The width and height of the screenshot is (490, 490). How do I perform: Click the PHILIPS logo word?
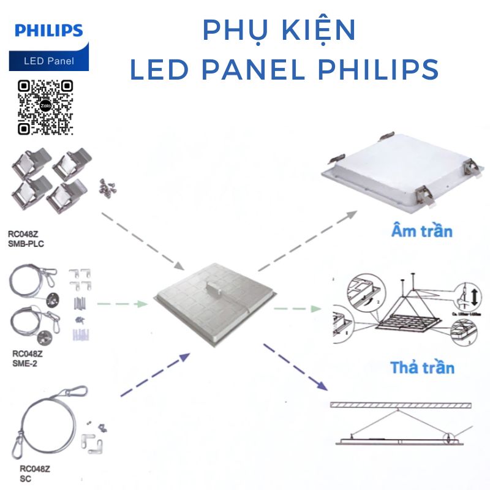click(48, 31)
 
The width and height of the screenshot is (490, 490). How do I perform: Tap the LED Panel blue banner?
click(49, 61)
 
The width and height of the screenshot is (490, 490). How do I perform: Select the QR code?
click(45, 107)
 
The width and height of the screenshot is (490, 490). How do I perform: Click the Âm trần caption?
click(421, 232)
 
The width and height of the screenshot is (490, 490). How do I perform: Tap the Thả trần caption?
click(423, 367)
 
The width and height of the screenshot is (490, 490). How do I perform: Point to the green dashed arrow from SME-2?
click(123, 303)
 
